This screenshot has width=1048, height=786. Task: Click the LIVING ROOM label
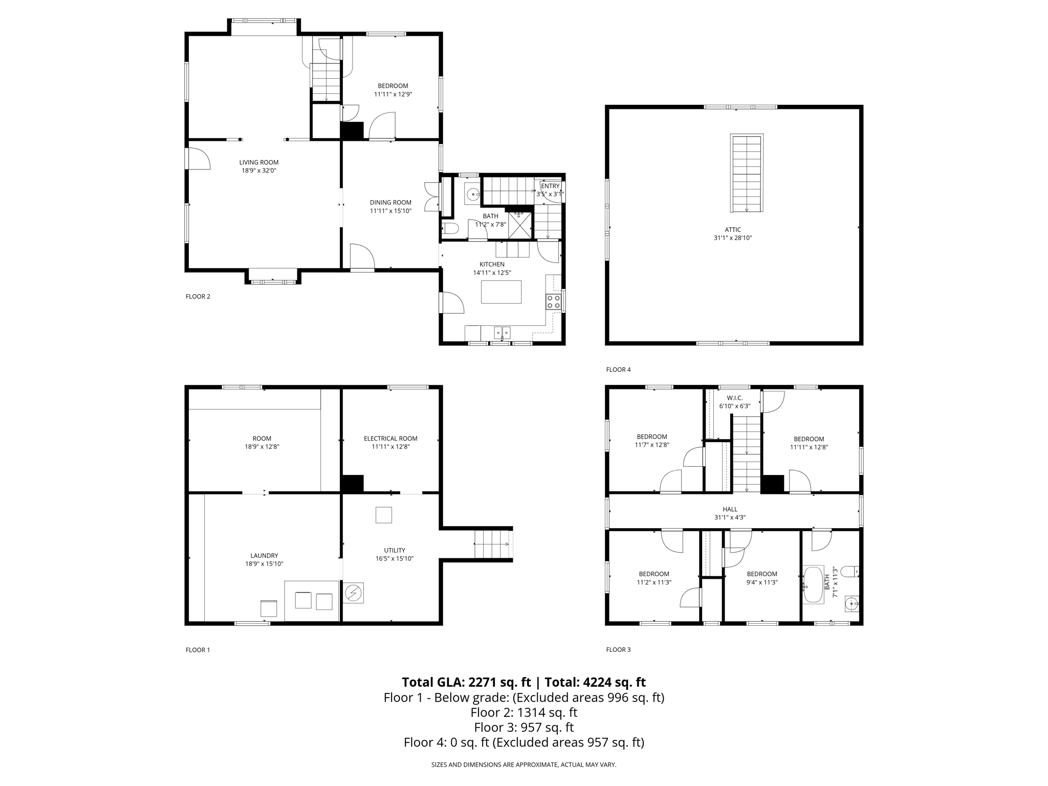(x=258, y=162)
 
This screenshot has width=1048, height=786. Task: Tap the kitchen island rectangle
(x=501, y=292)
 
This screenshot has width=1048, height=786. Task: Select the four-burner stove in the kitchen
(x=553, y=301)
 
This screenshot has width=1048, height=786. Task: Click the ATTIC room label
(x=732, y=230)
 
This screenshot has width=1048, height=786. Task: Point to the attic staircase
(x=747, y=173)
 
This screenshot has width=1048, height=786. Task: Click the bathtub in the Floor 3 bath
(x=813, y=584)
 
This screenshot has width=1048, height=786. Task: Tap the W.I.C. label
(x=734, y=398)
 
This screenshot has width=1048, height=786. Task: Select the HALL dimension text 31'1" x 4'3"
(x=730, y=517)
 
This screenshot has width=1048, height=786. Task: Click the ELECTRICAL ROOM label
(x=390, y=438)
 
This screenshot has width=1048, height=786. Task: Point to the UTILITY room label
(x=394, y=550)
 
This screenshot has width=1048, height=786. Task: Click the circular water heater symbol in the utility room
(x=353, y=593)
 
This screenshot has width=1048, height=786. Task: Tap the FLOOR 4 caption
(x=618, y=369)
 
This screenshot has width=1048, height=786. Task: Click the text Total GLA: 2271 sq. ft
(x=466, y=682)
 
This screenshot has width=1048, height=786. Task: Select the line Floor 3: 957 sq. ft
(x=523, y=727)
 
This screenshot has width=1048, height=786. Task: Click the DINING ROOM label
(x=390, y=202)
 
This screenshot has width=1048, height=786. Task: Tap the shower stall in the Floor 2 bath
(x=519, y=226)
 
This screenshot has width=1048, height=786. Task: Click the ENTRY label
(x=550, y=186)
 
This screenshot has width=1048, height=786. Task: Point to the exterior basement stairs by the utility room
(x=492, y=544)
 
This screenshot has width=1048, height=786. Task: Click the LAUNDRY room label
(x=264, y=555)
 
